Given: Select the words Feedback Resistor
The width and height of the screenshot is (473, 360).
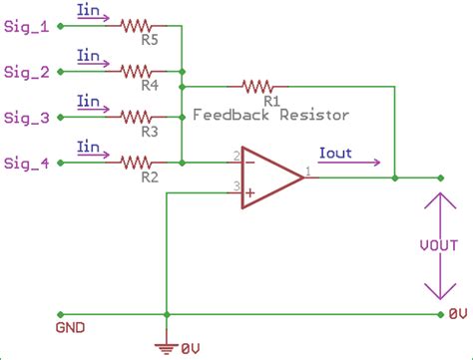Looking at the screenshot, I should [270, 115].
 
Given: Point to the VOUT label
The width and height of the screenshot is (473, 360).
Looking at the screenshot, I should [437, 245].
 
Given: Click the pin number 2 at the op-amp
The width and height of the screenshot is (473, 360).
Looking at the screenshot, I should [236, 155].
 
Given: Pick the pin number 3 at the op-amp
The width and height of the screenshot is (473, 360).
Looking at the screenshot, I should [236, 186].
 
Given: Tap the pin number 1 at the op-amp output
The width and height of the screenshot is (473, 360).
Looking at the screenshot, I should [309, 171].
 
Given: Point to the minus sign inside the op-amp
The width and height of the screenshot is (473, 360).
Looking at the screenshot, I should [249, 163].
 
